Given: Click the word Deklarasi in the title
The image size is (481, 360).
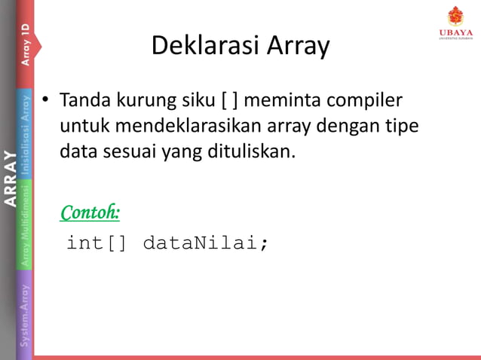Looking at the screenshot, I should (197, 47).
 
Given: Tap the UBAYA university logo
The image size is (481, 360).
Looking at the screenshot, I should (455, 22).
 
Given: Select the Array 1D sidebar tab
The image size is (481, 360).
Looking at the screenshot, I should (25, 44).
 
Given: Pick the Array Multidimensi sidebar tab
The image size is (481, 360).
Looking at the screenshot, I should (25, 225).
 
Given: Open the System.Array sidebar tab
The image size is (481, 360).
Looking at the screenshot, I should (25, 310).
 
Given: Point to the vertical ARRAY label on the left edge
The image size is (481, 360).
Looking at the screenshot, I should (9, 179).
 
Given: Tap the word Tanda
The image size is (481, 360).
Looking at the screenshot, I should (83, 100).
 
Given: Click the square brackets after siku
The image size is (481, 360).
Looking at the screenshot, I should (229, 100).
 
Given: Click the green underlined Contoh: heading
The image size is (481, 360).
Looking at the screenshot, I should (90, 212).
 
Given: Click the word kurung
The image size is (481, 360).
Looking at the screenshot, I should (142, 100).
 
